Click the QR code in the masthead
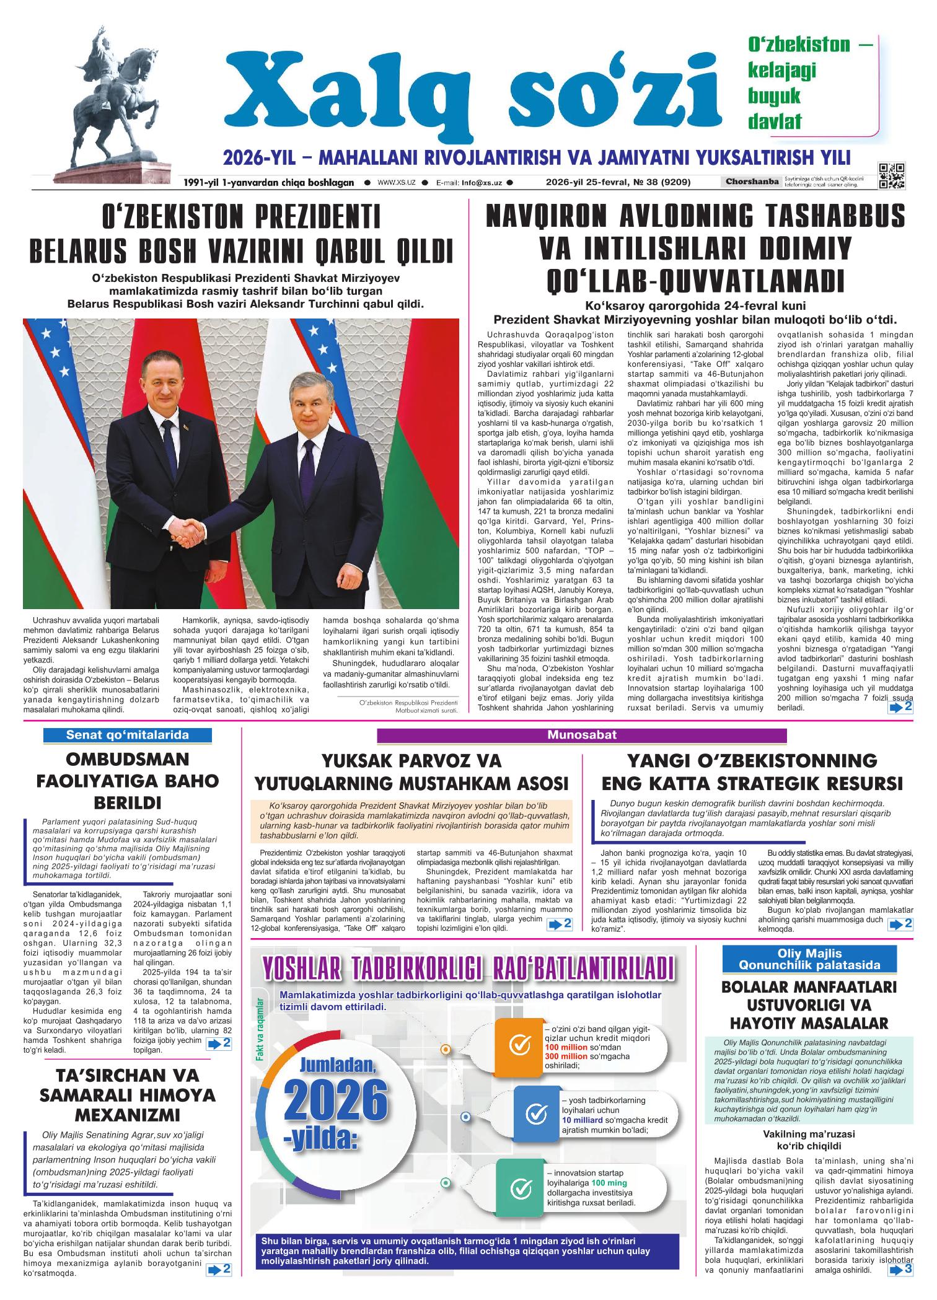(x=891, y=175)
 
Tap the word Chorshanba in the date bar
(x=750, y=182)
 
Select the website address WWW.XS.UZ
(x=396, y=183)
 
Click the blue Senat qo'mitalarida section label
(x=128, y=735)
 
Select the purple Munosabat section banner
(x=581, y=735)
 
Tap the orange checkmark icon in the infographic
(x=519, y=1045)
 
